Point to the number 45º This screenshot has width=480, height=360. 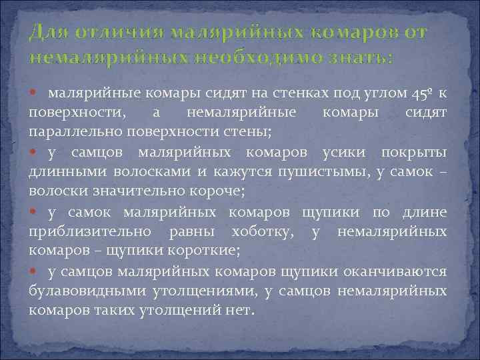point(419,91)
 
